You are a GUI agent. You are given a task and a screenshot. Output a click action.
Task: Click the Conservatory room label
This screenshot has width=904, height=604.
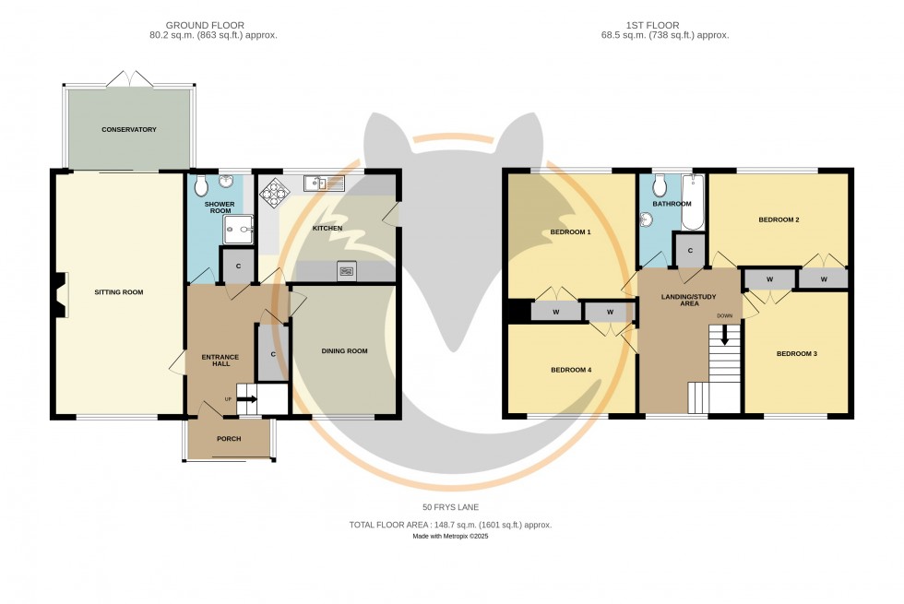[x=129, y=130]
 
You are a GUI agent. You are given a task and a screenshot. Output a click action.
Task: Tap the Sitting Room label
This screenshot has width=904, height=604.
[x=119, y=292]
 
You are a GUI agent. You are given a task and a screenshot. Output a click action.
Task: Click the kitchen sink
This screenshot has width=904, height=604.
[x=327, y=184]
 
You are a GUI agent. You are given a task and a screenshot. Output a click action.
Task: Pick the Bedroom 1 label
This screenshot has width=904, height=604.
[x=570, y=232]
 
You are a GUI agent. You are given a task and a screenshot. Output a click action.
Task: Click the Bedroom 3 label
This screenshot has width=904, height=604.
[x=796, y=354]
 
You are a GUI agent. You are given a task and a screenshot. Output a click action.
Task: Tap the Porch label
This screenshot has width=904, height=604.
[x=228, y=439]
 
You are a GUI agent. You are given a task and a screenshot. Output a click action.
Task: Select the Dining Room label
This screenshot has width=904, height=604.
[x=344, y=351]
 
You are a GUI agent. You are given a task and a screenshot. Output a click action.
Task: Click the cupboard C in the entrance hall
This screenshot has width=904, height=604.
[x=273, y=354]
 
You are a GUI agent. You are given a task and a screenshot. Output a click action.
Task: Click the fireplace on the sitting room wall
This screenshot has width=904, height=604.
[x=60, y=296]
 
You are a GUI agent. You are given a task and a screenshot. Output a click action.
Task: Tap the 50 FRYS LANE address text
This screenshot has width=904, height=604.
[x=450, y=508]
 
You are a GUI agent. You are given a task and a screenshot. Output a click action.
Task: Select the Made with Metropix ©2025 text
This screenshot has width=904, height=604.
[x=450, y=536]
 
